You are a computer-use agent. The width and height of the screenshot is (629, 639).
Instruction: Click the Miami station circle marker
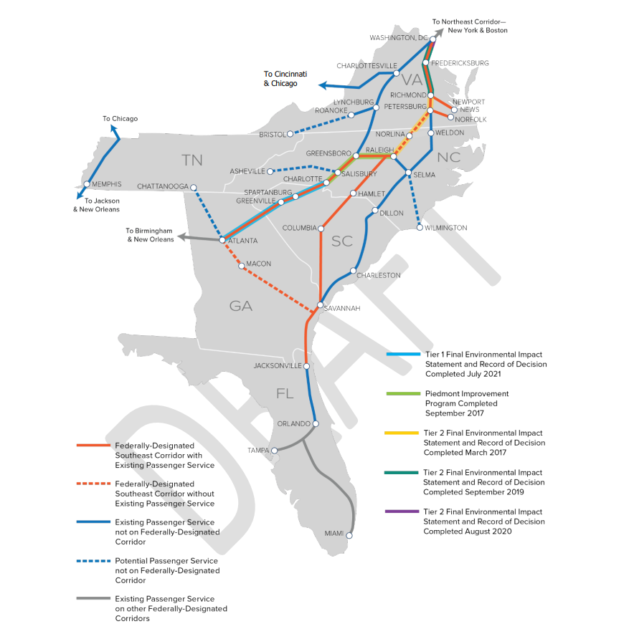click(351, 534)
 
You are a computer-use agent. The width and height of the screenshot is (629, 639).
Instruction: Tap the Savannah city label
click(344, 308)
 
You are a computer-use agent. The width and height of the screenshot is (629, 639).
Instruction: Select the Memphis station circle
click(86, 184)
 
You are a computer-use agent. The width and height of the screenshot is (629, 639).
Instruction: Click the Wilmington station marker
click(420, 228)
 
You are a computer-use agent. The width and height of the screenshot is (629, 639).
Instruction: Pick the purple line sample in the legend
click(405, 511)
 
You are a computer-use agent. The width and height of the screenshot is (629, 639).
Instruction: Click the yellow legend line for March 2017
click(405, 433)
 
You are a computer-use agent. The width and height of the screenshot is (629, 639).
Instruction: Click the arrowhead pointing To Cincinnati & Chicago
click(323, 85)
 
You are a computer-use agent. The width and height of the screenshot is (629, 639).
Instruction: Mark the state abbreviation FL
click(285, 393)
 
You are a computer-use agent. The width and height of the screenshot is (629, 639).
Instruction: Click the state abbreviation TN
click(192, 160)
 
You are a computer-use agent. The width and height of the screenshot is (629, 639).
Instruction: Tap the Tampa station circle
click(274, 451)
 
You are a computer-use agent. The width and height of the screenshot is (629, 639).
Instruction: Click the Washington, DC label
click(398, 37)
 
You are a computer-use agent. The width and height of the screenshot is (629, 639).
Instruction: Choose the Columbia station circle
click(321, 229)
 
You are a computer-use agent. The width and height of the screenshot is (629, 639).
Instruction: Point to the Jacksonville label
click(278, 366)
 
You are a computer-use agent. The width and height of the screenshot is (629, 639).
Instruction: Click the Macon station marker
click(242, 264)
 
